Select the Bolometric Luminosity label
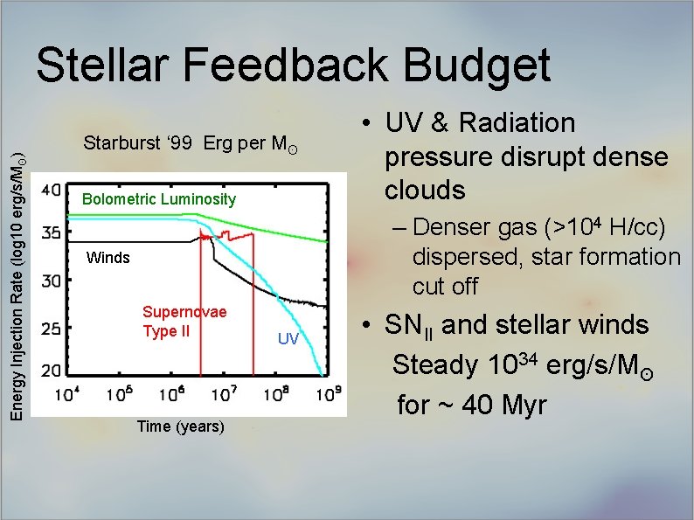158,199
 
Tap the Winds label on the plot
108,258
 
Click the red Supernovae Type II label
184,322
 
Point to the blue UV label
288,338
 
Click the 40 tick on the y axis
51,189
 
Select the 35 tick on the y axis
51,233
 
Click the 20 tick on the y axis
51,371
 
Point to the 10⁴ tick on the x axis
68,393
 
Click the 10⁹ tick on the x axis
329,393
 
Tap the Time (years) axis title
181,426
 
